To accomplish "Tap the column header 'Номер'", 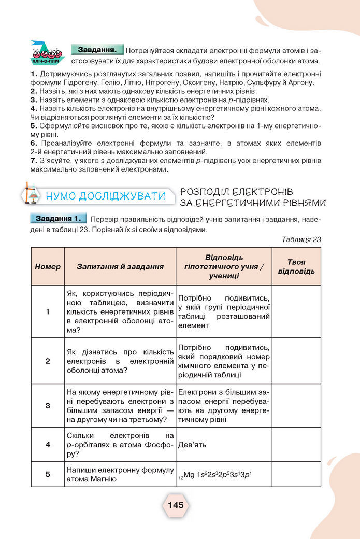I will pos(48,266).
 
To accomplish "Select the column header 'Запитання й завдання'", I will pos(120,266).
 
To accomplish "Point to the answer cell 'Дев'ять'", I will pos(192,444).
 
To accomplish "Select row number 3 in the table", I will pos(48,405).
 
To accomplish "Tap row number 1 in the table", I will pos(48,311).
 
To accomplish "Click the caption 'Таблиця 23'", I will pos(301,239).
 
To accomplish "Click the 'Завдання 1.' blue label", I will pos(57,218).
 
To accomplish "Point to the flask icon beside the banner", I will pos(32,194).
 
